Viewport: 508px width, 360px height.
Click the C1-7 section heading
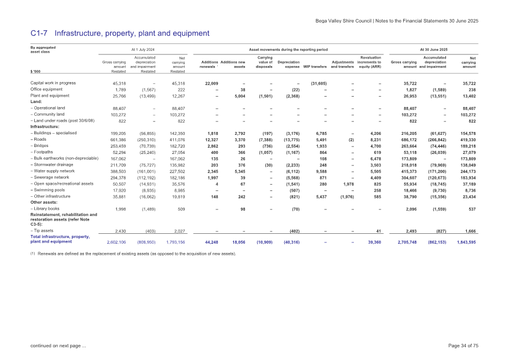tap(119, 33)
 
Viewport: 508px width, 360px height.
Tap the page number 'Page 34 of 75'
tap(459, 346)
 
